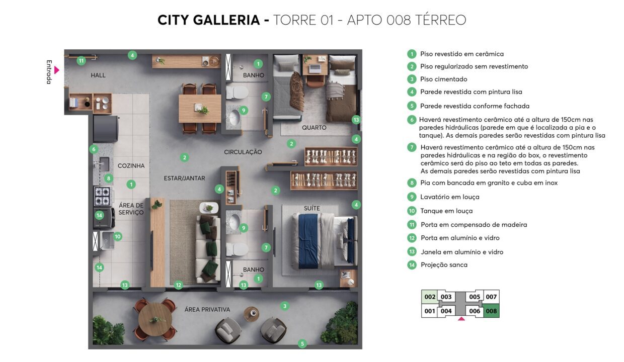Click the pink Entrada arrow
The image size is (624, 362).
tap(56, 70)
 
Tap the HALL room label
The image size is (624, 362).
tap(98, 75)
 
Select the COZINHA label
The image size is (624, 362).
tap(131, 166)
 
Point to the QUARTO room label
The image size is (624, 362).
tap(314, 127)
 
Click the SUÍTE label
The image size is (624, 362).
tap(311, 208)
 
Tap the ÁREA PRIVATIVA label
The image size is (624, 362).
tap(207, 309)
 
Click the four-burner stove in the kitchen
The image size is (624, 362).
tap(102, 196)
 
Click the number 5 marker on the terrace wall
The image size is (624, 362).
tap(302, 343)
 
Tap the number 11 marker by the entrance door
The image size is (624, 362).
tap(81, 61)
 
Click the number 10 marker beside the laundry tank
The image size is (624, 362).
tap(118, 236)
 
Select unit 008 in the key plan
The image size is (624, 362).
tap(491, 311)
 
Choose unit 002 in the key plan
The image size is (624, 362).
tap(430, 297)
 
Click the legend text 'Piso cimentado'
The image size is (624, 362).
tap(443, 79)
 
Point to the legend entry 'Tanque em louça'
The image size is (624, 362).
tap(446, 211)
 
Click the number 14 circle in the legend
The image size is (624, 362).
tap(412, 264)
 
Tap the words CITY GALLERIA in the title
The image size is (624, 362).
tap(209, 20)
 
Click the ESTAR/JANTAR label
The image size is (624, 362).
tap(184, 178)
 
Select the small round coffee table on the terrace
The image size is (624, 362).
tap(251, 314)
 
